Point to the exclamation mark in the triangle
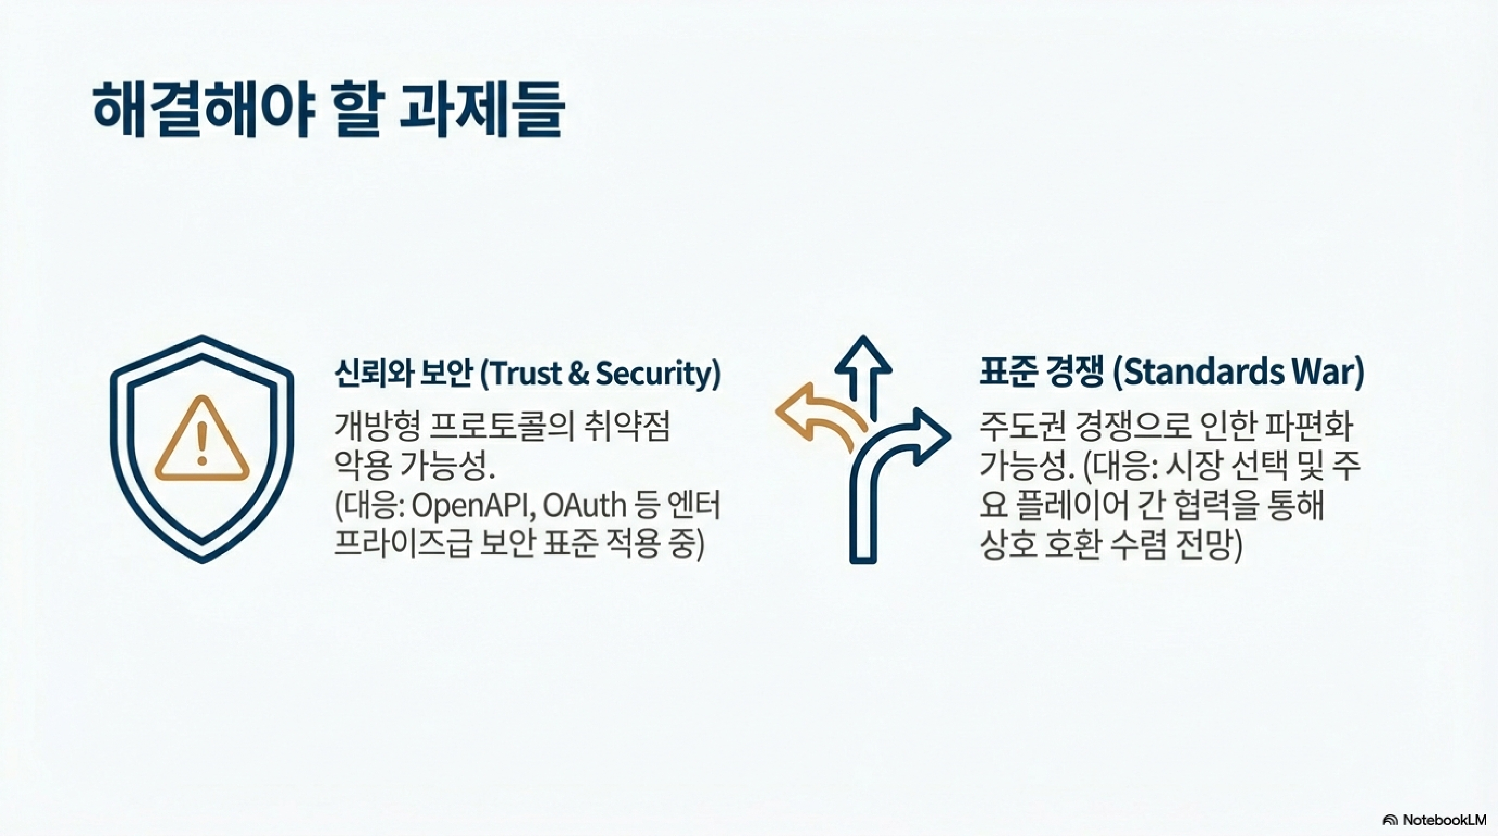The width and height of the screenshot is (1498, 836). point(202,444)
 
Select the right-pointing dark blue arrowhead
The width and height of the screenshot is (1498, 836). point(931,436)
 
